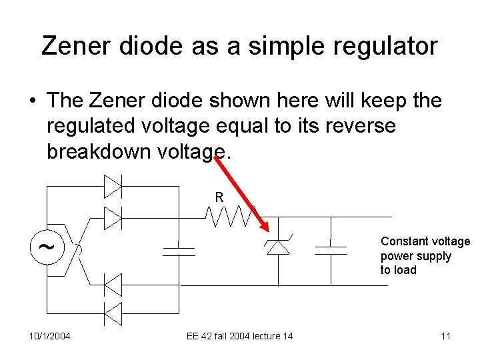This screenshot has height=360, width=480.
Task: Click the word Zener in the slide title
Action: (74, 45)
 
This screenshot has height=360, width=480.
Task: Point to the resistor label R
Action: (219, 198)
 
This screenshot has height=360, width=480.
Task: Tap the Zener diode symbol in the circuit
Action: (279, 246)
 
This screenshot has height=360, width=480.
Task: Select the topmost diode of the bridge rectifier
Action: (113, 187)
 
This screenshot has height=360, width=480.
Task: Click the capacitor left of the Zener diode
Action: (179, 251)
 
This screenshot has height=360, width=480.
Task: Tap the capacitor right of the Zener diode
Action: (331, 251)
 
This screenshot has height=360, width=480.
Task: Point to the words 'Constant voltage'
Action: (425, 242)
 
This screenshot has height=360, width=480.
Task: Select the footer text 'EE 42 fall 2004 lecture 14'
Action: (239, 335)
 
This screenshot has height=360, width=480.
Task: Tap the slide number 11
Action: (445, 335)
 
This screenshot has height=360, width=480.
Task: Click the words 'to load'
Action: (398, 270)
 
